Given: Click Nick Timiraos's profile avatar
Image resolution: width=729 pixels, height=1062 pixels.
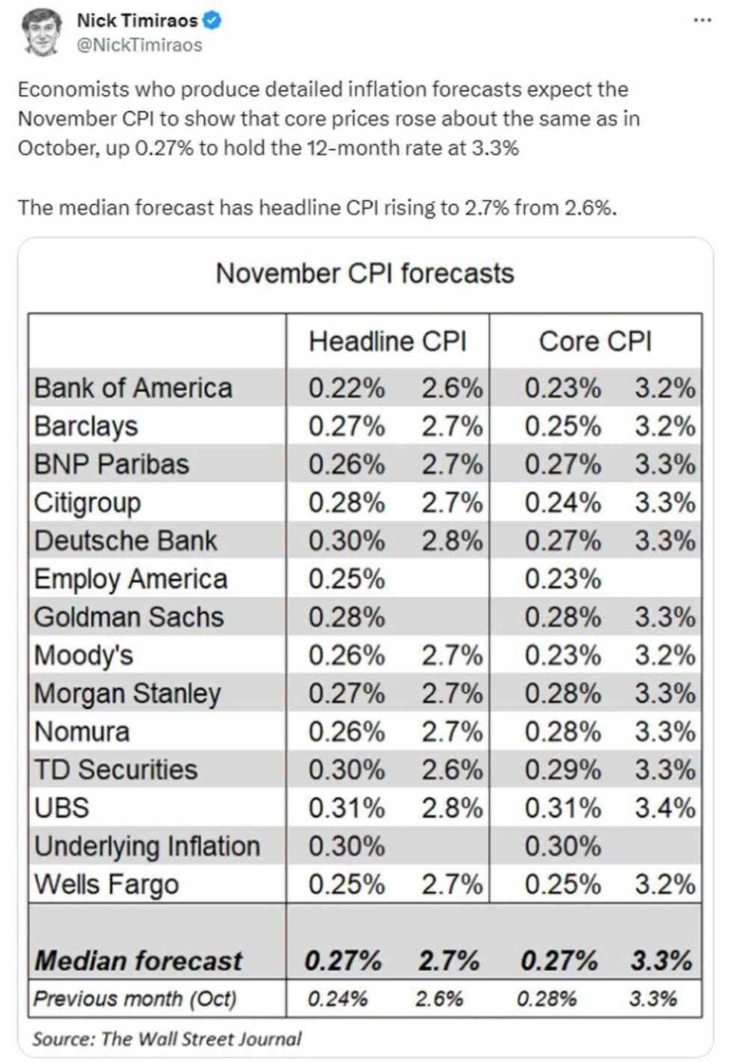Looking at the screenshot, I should click(x=39, y=30).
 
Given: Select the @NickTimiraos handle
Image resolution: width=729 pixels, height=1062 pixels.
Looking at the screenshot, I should click(x=140, y=44).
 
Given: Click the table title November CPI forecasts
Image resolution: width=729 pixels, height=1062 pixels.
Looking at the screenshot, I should click(x=364, y=274).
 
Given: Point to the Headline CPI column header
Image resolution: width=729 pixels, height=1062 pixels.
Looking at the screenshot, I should click(x=387, y=342).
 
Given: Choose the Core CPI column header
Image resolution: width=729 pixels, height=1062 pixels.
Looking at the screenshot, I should click(x=595, y=342).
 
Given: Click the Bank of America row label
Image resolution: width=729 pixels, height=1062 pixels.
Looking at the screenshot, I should click(x=133, y=388).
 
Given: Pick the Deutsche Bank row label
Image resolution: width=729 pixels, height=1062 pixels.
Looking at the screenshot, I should click(x=125, y=541).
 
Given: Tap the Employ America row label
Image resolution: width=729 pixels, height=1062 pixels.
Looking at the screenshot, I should click(x=131, y=579).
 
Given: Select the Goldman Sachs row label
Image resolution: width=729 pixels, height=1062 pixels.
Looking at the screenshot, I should click(x=128, y=617).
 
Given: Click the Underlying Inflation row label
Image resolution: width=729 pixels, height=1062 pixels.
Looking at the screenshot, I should click(x=146, y=847).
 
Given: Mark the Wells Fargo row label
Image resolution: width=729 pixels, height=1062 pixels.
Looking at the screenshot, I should click(x=106, y=885).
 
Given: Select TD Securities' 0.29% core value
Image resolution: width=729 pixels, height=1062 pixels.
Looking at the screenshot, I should click(x=562, y=771).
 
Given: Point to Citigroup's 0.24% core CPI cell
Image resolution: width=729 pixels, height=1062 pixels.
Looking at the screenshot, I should click(x=562, y=503).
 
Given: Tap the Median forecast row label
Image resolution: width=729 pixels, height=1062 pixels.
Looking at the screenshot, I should click(x=139, y=960).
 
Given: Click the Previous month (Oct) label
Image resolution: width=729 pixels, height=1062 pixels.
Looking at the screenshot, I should click(x=135, y=998).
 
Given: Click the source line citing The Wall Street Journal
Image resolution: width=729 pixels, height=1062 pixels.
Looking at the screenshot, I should click(x=167, y=1039).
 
